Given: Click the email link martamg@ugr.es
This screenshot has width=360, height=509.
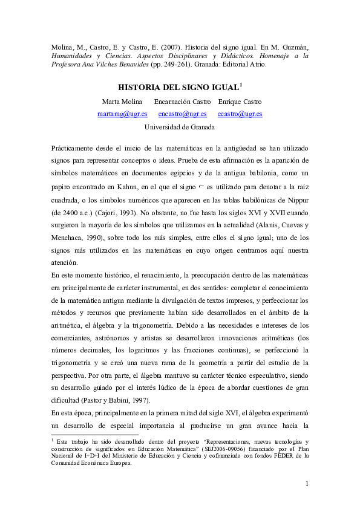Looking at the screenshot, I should (122, 114).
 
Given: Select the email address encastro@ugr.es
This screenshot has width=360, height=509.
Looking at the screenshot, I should (182, 114).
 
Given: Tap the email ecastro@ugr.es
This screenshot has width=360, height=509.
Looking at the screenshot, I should (240, 114).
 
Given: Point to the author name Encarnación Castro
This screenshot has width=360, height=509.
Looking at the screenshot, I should (182, 101).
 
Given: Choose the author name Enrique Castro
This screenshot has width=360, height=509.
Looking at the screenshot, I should (240, 101).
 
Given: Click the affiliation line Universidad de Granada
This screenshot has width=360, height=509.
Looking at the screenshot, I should (180, 127).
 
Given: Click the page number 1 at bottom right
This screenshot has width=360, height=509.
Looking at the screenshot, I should (307, 484).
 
